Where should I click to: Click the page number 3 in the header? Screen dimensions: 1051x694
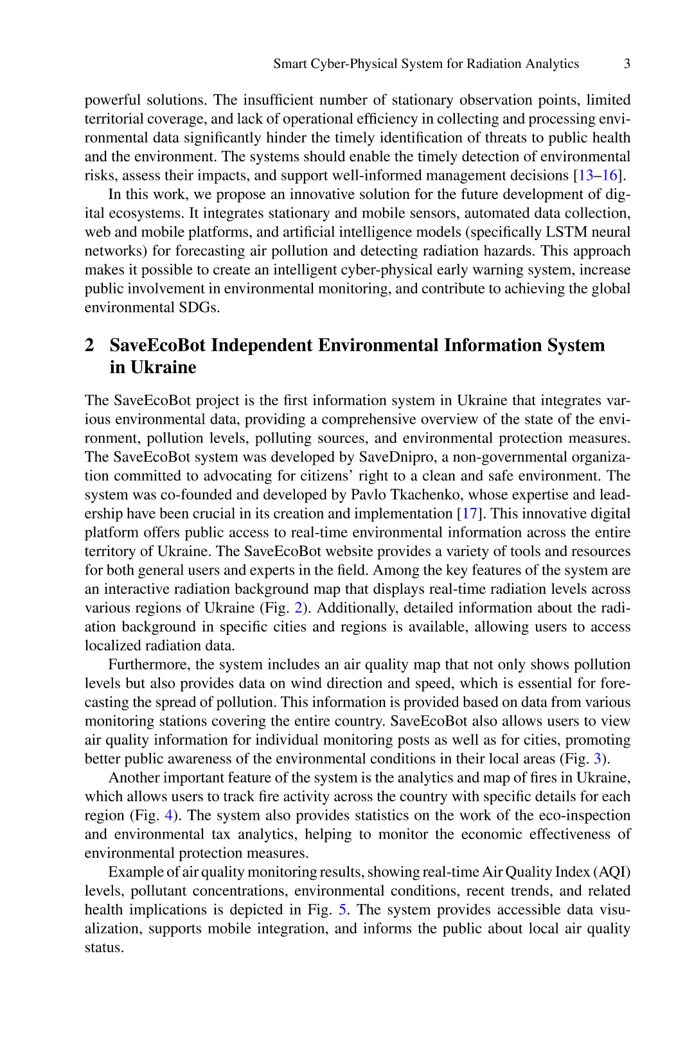click(x=627, y=64)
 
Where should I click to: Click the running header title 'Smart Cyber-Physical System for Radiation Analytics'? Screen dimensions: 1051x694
click(x=426, y=64)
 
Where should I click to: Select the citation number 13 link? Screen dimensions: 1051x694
click(x=585, y=175)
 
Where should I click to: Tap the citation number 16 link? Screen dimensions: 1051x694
click(x=609, y=175)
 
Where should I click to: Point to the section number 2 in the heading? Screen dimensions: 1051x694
click(x=89, y=345)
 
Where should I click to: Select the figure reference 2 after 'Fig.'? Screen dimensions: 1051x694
click(x=298, y=608)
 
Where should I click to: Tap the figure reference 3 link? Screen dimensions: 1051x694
click(x=598, y=759)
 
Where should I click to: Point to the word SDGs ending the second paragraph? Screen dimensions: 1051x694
click(x=198, y=308)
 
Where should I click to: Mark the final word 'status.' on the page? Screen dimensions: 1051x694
click(x=103, y=948)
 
